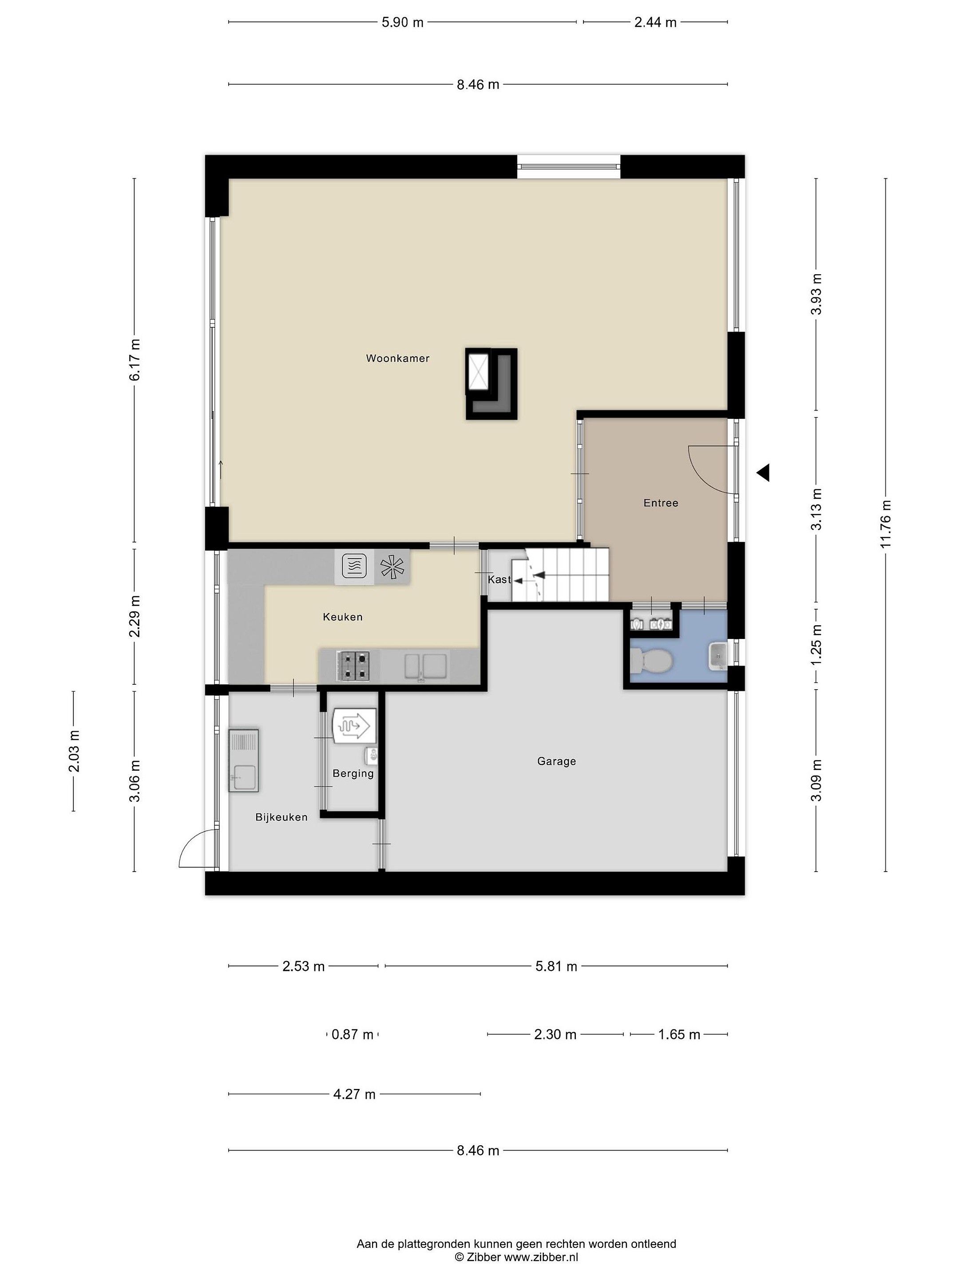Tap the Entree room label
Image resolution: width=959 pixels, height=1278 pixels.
pyautogui.click(x=661, y=503)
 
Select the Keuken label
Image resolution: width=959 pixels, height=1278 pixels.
pyautogui.click(x=343, y=617)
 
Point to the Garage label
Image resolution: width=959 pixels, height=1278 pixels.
pyautogui.click(x=557, y=761)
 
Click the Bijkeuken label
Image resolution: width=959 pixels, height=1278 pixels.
pyautogui.click(x=281, y=817)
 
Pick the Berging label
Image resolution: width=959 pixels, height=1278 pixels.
pyautogui.click(x=353, y=773)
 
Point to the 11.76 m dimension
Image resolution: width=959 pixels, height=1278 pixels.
pyautogui.click(x=886, y=524)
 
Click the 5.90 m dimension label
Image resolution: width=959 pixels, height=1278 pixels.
pyautogui.click(x=402, y=23)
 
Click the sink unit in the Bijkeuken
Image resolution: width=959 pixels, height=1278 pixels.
pyautogui.click(x=243, y=760)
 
